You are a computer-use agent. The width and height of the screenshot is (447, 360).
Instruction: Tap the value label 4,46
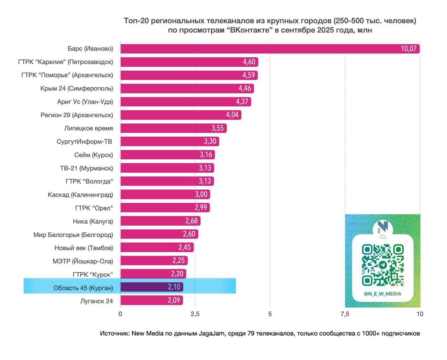245,88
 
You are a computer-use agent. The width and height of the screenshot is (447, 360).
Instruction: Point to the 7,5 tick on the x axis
345,314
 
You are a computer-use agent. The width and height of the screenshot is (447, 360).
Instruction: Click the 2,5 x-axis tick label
195,314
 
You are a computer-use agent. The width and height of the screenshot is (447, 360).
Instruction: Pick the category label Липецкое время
88,128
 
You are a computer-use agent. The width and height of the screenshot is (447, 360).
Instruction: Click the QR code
383,265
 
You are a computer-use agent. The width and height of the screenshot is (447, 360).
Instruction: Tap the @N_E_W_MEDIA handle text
382,294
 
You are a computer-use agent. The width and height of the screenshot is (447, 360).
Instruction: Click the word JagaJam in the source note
212,333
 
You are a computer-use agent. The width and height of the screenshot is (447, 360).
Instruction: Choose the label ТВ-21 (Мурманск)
86,168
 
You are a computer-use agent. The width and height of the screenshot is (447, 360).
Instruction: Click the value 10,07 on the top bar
409,49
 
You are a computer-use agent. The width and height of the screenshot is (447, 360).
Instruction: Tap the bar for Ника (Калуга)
160,221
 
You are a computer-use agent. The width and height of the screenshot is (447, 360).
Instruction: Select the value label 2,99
201,208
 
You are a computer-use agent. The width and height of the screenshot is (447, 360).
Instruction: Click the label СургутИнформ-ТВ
84,142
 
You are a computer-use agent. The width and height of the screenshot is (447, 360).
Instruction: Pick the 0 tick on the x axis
120,314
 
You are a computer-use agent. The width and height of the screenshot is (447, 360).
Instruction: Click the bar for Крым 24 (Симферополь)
187,88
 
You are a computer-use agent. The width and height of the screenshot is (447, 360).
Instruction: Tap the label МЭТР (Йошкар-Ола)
83,261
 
